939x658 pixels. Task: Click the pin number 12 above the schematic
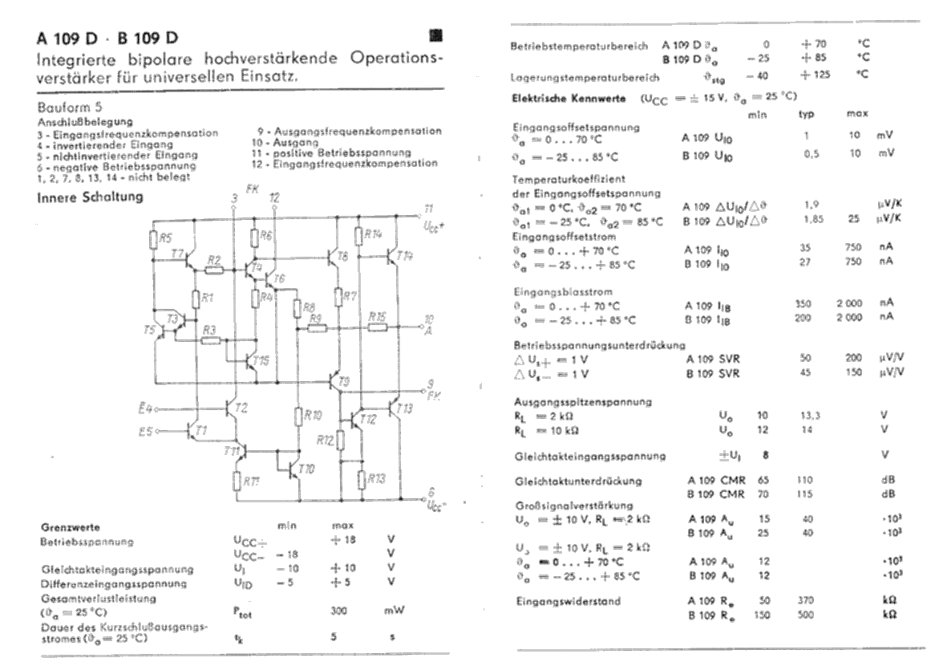tap(274, 197)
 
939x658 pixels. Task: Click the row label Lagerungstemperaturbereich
tap(585, 79)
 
